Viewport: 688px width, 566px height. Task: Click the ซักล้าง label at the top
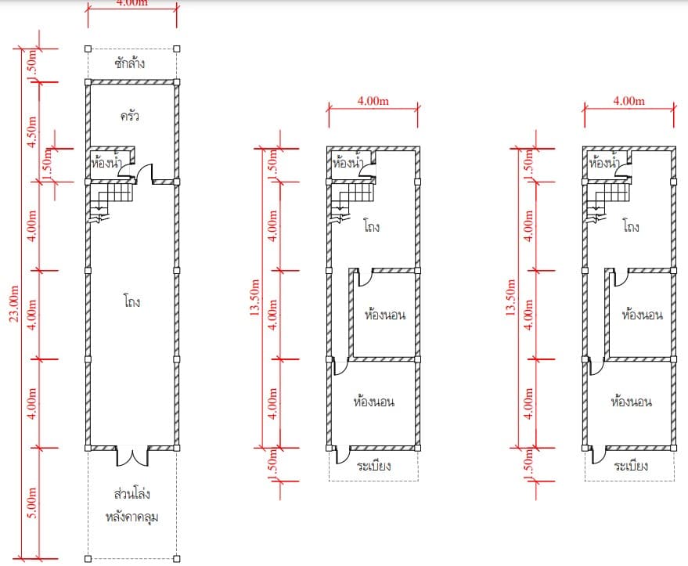click(130, 63)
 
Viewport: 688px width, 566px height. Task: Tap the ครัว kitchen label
click(130, 117)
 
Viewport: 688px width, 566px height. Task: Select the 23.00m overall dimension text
click(14, 304)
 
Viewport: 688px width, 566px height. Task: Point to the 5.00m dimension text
click(32, 503)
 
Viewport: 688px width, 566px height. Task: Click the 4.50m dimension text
click(32, 132)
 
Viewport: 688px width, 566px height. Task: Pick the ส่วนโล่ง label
click(132, 494)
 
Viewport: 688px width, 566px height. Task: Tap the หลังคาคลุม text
click(132, 517)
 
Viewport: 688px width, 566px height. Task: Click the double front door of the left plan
click(132, 456)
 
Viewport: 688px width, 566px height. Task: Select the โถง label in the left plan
click(132, 302)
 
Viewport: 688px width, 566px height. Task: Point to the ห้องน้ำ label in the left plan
click(106, 163)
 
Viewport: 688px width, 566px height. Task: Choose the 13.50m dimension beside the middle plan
click(254, 297)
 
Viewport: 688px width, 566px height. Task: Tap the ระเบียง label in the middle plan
click(374, 466)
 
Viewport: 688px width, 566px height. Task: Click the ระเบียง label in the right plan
click(631, 466)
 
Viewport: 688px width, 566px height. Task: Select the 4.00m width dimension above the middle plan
click(373, 101)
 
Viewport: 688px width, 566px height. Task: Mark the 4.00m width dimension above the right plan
click(629, 101)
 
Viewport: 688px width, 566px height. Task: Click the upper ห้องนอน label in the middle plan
click(385, 315)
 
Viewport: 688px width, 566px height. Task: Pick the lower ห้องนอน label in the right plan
click(632, 402)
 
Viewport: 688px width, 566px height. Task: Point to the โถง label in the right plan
click(631, 226)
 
